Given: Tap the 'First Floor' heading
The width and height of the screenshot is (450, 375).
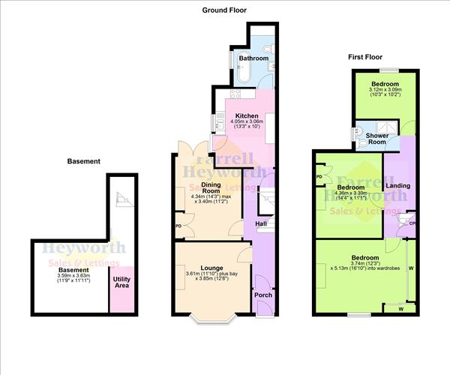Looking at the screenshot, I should point(367,57).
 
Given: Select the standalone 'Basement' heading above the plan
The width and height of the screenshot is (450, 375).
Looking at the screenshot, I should point(82,161).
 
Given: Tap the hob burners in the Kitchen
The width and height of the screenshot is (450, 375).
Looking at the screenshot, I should point(233,95).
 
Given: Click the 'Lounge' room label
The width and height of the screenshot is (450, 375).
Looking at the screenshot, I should point(212,268).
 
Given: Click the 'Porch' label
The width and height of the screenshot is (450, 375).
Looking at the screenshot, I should point(263,295).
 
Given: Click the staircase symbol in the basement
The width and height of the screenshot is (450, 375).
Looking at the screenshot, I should point(121,199).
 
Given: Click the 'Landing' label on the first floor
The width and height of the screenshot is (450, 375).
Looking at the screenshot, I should point(397,185).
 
